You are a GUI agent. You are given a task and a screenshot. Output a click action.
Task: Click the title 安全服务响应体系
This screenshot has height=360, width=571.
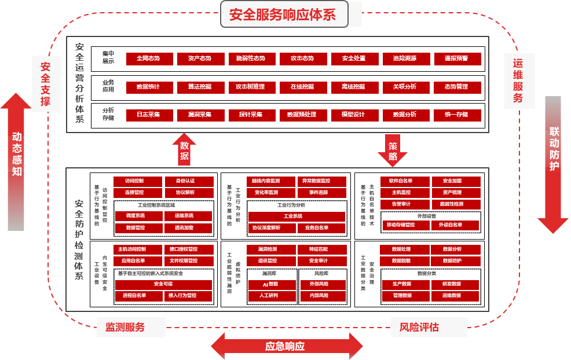point(282,14)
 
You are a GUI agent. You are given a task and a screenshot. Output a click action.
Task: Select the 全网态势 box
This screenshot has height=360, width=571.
point(148,58)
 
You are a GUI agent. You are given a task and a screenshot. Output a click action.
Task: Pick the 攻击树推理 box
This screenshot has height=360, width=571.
point(250,87)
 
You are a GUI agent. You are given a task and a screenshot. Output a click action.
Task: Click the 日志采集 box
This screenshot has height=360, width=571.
point(148,115)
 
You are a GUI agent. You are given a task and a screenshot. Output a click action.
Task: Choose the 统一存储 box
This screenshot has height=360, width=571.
point(456,115)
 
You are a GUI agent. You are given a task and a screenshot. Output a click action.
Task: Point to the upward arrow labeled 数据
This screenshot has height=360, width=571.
point(184,149)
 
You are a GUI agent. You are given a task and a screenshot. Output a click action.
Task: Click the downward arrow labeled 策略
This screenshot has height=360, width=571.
point(393,149)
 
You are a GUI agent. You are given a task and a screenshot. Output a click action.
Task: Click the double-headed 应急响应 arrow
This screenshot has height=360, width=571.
point(285,346)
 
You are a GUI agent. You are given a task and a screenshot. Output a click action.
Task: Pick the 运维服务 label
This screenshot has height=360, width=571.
point(518,81)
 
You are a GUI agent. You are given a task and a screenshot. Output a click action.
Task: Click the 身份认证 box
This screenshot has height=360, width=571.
point(185,181)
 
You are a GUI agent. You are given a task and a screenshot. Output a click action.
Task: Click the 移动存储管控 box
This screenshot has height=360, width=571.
point(401,225)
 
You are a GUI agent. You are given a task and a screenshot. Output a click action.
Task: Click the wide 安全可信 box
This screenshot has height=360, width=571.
point(163,284)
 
